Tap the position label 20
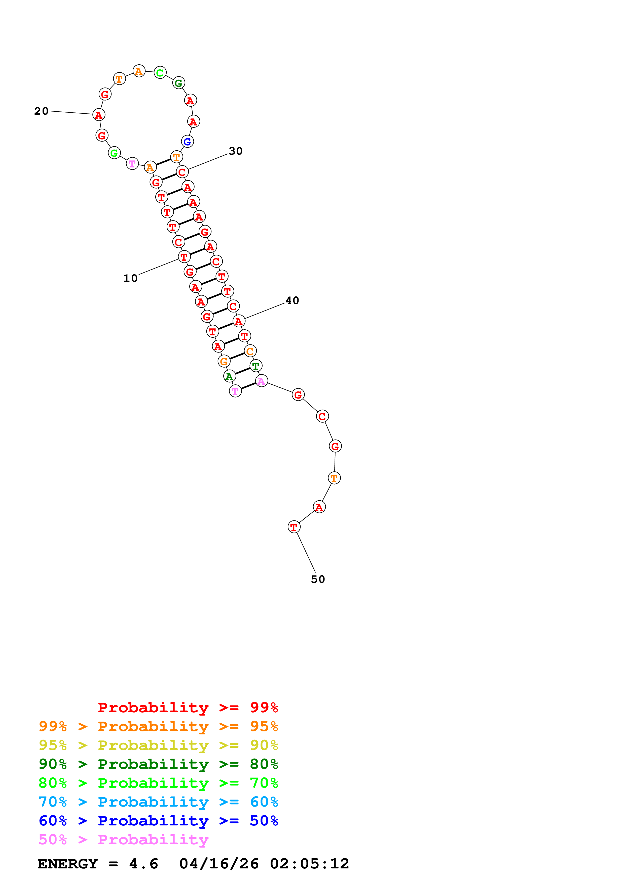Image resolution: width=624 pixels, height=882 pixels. [x=41, y=111]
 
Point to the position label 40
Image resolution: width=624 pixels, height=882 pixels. [x=292, y=300]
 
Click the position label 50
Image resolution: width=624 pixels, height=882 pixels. [x=318, y=579]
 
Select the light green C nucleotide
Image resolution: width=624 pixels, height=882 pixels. [x=160, y=73]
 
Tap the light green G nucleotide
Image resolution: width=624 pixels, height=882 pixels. [x=114, y=153]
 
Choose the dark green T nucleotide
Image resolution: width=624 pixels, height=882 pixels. [x=256, y=366]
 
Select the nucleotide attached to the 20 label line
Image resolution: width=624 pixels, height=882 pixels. [x=99, y=114]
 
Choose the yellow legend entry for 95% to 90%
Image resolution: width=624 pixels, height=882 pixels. [x=158, y=746]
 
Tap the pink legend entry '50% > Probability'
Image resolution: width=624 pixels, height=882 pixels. [x=123, y=840]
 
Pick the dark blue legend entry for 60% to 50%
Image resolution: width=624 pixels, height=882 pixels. [x=158, y=821]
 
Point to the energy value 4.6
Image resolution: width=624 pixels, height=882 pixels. [x=143, y=864]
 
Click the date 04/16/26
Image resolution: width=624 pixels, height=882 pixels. [x=219, y=864]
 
